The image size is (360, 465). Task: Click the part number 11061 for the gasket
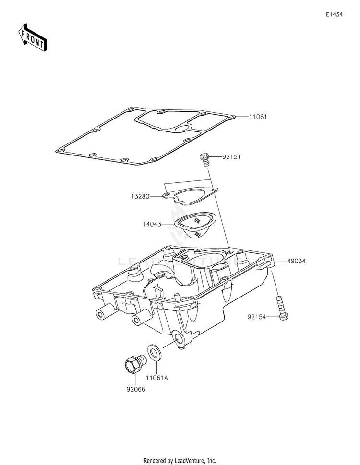(258, 117)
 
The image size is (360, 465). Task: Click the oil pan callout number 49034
(296, 261)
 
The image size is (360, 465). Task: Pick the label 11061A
(157, 378)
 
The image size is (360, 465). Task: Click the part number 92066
(136, 389)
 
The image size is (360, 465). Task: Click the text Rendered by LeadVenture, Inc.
(180, 460)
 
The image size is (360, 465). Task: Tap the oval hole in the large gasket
(182, 128)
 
